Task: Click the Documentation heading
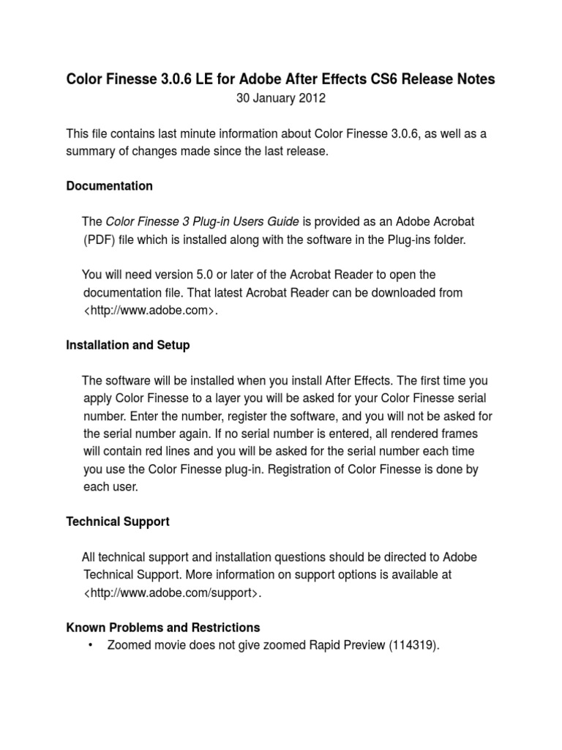click(x=109, y=186)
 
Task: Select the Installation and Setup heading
click(x=128, y=345)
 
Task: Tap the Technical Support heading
click(x=118, y=521)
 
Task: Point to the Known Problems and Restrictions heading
click(x=162, y=628)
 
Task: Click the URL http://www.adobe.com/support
click(x=173, y=593)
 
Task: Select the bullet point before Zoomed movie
click(x=90, y=646)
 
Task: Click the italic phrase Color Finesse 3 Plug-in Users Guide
click(x=203, y=221)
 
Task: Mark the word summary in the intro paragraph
click(x=91, y=151)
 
